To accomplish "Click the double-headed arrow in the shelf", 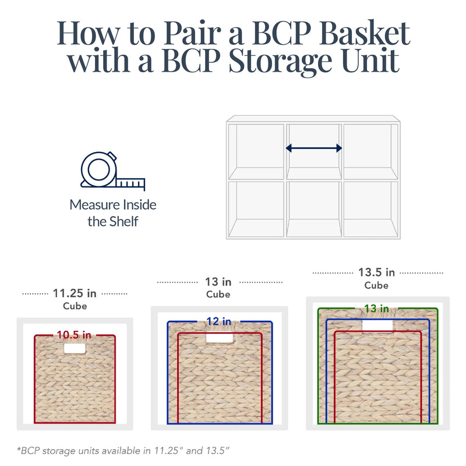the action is point(314,148).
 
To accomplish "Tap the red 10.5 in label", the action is point(74,335).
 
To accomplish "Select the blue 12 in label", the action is point(219,322).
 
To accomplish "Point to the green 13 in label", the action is point(376,309).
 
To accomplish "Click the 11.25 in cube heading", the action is point(75,294).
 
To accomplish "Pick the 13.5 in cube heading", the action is point(376,272).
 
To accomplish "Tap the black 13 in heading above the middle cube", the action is point(218,282).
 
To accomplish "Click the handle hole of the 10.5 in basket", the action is point(75,348).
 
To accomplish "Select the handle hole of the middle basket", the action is point(220,337).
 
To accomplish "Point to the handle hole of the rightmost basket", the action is point(377,326).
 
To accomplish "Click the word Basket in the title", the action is point(365,33).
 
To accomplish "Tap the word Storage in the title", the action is point(280,61).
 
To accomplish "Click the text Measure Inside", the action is point(113,205).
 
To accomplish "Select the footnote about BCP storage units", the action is point(123,450).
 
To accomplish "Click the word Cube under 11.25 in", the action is point(75,306).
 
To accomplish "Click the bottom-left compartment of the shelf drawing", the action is point(256,209).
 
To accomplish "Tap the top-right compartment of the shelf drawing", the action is point(370,151).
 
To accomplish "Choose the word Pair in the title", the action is point(192,33).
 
